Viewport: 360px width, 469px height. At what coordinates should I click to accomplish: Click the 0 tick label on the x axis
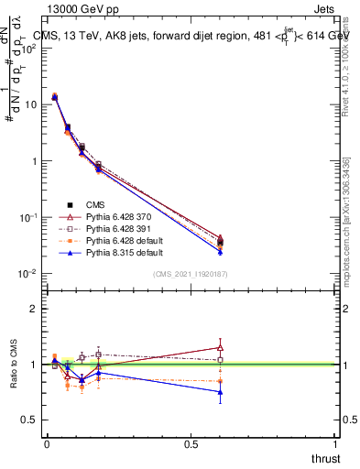[47, 443]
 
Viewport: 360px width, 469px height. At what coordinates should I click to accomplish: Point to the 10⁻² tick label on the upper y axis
[27, 274]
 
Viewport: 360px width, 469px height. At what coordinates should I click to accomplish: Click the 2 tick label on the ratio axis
[33, 309]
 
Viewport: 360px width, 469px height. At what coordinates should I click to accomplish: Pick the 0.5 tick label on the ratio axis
[29, 420]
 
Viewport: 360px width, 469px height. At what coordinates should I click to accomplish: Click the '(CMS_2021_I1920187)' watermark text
[189, 274]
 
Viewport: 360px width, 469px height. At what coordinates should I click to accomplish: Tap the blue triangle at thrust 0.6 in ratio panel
[220, 392]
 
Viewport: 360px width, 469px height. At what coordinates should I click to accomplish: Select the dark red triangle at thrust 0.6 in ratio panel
[220, 347]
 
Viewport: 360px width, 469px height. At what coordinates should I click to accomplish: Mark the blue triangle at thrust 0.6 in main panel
[220, 252]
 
